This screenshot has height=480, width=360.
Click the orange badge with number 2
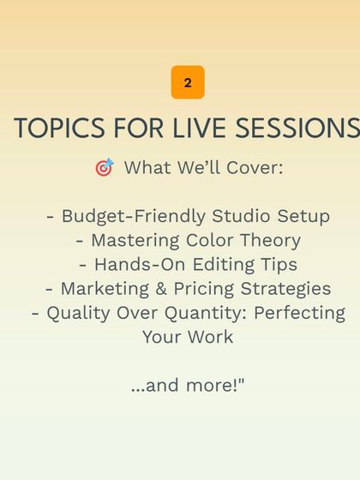coord(188,82)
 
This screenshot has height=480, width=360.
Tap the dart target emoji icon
coord(104,168)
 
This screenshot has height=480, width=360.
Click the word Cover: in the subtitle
coord(255,168)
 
